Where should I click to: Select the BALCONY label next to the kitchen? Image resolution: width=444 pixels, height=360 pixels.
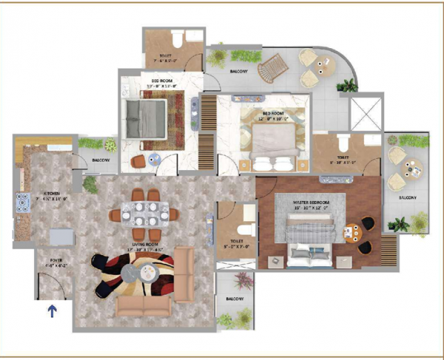coord(101,160)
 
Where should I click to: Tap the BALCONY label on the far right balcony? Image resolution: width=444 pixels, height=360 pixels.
coord(407,197)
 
